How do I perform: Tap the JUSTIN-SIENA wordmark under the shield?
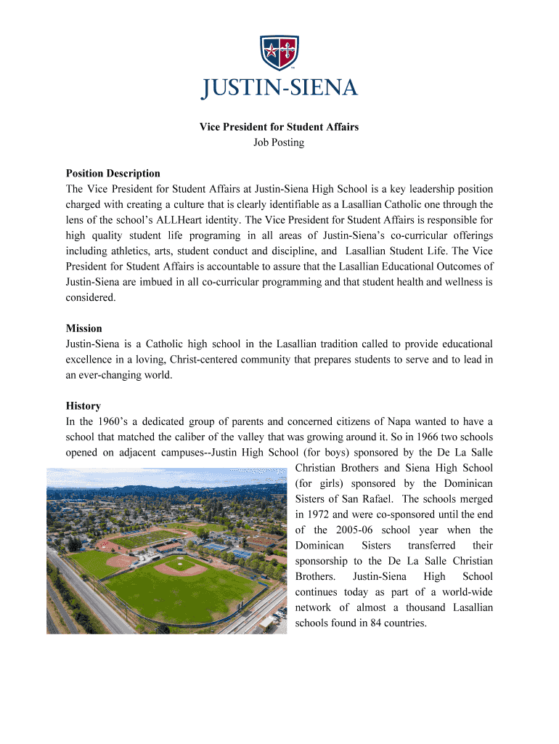click(279, 89)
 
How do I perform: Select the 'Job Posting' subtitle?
click(279, 142)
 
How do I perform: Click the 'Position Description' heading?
click(113, 173)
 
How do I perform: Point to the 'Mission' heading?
click(84, 328)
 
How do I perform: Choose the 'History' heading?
click(83, 405)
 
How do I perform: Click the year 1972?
click(322, 514)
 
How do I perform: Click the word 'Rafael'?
click(377, 498)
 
